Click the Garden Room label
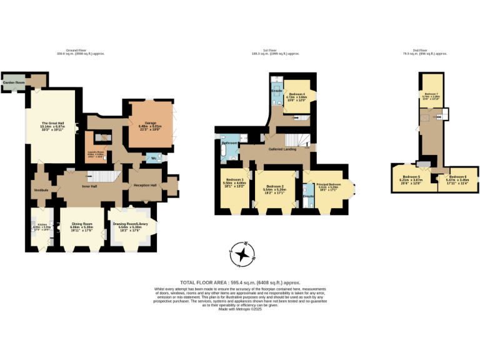pos(14,82)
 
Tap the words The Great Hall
pos(53,123)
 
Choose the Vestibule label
pos(41,189)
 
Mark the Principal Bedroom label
pos(329,184)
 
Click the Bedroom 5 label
pos(410,177)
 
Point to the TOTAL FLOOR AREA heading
pos(208,282)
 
